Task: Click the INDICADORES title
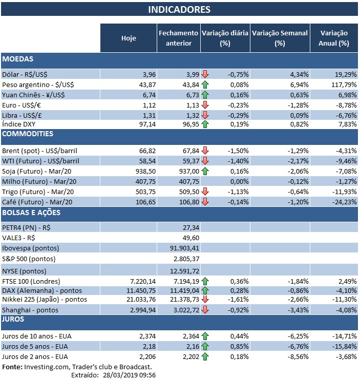coord(179,9)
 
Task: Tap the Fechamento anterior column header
coord(178,38)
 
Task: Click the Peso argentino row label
coord(34,83)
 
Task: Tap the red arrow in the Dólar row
coord(205,74)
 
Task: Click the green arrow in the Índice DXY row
coord(205,124)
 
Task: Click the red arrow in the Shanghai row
coord(205,309)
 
